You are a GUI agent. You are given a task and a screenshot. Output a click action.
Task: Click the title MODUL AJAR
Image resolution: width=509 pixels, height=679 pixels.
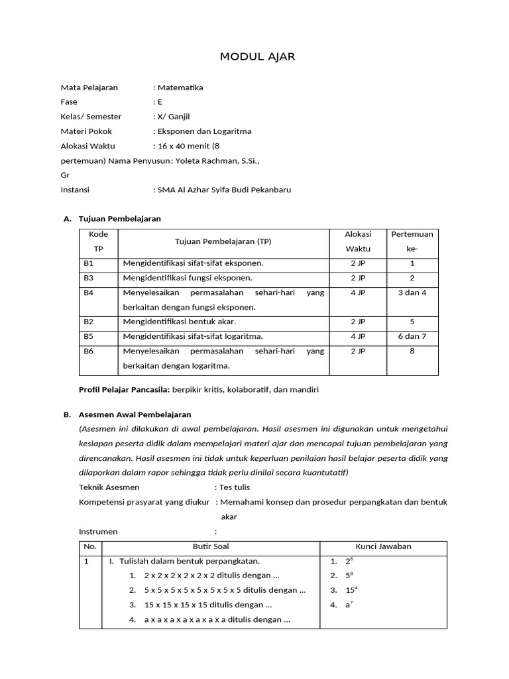coord(257,57)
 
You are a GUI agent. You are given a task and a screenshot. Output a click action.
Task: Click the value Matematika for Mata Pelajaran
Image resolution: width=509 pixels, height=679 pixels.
coord(180,88)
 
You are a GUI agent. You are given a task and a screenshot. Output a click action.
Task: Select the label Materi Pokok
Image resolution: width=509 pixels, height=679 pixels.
coord(86,131)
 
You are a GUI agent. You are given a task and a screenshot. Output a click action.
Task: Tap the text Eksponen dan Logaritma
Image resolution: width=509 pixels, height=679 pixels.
coord(204,131)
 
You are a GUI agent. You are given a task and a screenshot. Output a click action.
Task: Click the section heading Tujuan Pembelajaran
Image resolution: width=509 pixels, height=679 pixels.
coord(119,218)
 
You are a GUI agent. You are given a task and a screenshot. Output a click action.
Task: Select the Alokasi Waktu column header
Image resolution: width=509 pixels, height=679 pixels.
coord(358,241)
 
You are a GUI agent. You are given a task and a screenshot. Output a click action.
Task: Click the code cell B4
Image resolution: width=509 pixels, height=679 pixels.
coord(89,292)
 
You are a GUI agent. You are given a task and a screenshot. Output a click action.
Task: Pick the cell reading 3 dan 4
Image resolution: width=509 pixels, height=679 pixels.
coord(412,292)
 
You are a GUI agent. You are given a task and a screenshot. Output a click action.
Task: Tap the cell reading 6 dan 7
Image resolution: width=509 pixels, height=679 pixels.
coord(412,336)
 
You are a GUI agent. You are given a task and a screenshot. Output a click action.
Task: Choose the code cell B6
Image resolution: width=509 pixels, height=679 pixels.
coord(89,351)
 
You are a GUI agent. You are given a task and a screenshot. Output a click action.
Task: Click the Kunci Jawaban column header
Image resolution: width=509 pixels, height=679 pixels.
coord(383,546)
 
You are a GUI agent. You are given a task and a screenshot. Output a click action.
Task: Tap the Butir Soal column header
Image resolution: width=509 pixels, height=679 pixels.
coord(211,546)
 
